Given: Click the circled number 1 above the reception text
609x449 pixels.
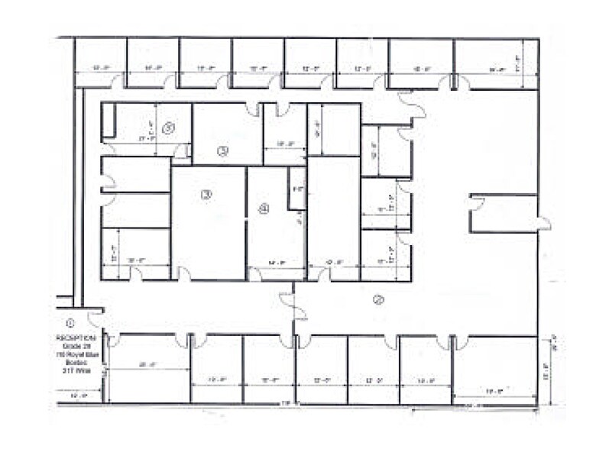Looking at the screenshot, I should tap(70, 321).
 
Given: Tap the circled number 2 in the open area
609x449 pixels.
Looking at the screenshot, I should tap(377, 299).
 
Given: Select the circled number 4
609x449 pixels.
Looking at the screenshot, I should tap(264, 208).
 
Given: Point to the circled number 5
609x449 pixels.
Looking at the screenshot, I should tap(169, 128).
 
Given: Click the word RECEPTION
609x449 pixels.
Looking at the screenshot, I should tap(76, 337).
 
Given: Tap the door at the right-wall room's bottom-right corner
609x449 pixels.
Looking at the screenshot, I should tap(543, 224).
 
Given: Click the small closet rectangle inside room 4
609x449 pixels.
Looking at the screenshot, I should tap(297, 187).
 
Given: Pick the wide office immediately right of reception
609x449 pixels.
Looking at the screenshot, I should tap(149, 368).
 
